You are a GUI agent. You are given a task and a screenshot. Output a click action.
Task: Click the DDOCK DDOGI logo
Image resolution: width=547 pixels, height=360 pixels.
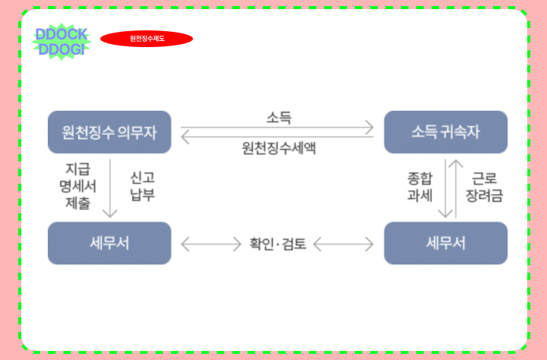pos(62,42)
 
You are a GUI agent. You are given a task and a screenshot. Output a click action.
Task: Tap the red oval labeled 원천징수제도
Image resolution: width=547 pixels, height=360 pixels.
pos(147,39)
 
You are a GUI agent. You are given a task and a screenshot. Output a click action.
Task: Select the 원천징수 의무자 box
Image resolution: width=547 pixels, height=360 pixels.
pos(109,132)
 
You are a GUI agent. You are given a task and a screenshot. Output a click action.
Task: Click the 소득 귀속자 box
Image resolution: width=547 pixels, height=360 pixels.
pos(445,132)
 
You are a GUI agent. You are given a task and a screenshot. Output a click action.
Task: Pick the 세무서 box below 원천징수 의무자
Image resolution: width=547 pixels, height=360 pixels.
pos(109,243)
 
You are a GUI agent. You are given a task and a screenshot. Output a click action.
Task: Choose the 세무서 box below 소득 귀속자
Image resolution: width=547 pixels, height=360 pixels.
pos(445,243)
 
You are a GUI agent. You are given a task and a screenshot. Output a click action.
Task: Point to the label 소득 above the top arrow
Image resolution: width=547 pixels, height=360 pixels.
pos(278,118)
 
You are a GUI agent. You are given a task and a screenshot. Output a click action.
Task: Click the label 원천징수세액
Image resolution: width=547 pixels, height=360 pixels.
pos(278,148)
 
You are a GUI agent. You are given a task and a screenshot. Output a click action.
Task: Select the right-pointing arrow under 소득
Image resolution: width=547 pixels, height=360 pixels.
pos(278,127)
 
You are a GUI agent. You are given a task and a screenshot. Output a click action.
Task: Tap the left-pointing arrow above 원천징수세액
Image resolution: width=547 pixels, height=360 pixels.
pos(278,137)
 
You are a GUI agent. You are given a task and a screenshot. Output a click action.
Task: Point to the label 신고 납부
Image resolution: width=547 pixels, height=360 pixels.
pos(142,186)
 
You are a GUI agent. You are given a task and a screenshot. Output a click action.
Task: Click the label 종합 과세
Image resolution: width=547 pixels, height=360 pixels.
pos(420,187)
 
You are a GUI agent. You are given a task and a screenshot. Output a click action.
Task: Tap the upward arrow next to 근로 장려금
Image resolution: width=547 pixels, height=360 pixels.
pos(457,187)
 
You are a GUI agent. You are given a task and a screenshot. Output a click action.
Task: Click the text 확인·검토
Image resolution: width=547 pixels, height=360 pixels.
pos(278,244)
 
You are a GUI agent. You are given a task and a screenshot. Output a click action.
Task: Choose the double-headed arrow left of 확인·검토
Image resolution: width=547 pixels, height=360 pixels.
pos(210,244)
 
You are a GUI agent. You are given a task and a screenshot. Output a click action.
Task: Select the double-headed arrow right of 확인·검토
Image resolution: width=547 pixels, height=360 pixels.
pos(343,244)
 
